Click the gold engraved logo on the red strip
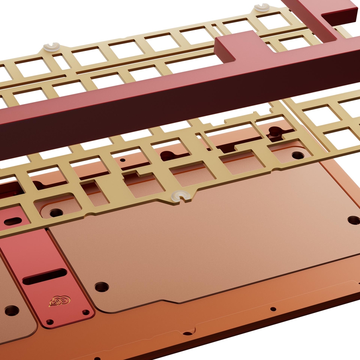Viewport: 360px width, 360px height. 59,301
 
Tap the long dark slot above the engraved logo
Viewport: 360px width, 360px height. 45,276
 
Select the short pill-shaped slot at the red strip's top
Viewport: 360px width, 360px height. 13,221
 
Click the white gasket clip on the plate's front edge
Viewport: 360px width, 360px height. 181,196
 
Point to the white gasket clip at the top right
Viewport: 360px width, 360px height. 262,7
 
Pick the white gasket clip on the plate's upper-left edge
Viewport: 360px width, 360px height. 52,47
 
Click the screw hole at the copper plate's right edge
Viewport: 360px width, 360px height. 354,220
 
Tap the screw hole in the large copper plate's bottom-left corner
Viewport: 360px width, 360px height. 102,287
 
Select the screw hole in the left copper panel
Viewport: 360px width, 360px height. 12,310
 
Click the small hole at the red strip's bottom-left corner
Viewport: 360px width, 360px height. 50,322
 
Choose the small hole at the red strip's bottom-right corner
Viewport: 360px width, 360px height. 86,312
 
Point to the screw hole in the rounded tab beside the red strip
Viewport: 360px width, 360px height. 56,212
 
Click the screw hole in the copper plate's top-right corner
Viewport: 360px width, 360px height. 298,155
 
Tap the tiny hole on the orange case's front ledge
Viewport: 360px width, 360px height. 273,309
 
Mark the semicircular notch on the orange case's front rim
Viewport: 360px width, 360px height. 188,332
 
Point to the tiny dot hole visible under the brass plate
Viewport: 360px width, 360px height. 122,160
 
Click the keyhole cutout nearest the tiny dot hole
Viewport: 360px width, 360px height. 168,155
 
